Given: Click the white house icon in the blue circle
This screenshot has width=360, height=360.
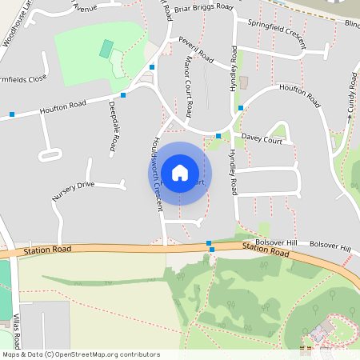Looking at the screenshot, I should coord(179,172).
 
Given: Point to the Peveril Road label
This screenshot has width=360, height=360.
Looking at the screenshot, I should coord(196,50).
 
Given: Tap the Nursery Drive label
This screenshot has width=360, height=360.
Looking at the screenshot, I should coord(74,190).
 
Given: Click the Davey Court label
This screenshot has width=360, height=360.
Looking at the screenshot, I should coord(262,138).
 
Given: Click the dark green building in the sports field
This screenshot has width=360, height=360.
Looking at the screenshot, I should coord(106,48).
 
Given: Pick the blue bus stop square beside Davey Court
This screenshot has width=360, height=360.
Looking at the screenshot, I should coord(218,136).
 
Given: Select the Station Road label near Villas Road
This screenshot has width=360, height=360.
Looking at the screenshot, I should coord(47,250).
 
